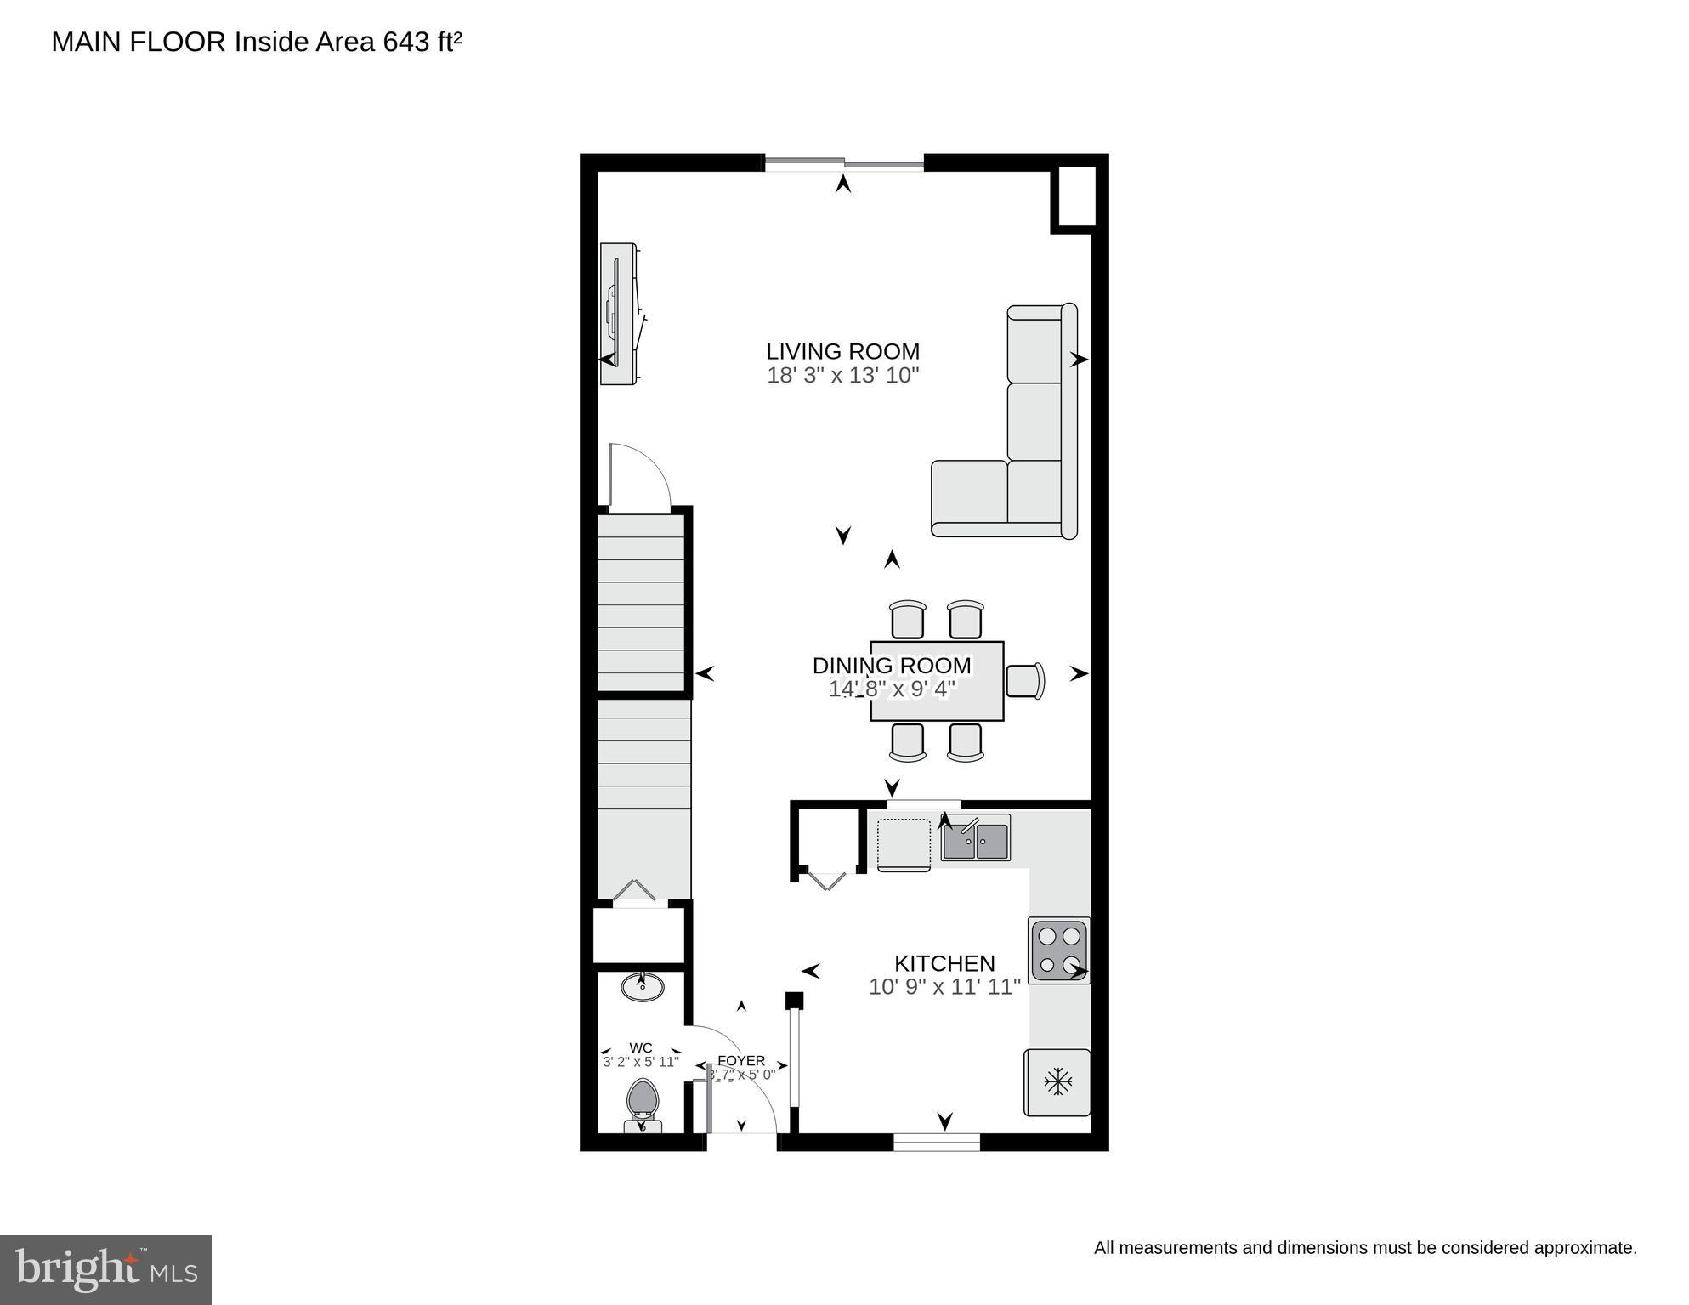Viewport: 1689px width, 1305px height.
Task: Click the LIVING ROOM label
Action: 842,351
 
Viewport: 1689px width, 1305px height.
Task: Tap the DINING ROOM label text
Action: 891,666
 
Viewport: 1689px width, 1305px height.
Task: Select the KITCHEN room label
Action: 944,963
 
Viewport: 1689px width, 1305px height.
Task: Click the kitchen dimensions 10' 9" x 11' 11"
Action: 944,987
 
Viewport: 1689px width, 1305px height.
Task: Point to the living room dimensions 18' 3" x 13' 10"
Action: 842,375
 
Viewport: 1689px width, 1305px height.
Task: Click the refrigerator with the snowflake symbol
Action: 1057,1082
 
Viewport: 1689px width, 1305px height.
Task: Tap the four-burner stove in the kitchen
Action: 1058,950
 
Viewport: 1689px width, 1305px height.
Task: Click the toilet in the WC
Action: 643,1104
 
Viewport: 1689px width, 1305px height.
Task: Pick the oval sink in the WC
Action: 643,987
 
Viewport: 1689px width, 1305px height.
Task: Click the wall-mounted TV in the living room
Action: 618,313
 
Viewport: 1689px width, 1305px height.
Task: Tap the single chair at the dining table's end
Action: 1024,681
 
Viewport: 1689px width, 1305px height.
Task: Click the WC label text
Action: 641,1047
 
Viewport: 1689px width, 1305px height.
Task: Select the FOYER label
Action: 741,1061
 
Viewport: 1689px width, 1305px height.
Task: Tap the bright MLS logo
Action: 105,1270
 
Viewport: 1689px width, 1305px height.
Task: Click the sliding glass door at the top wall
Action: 843,163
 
